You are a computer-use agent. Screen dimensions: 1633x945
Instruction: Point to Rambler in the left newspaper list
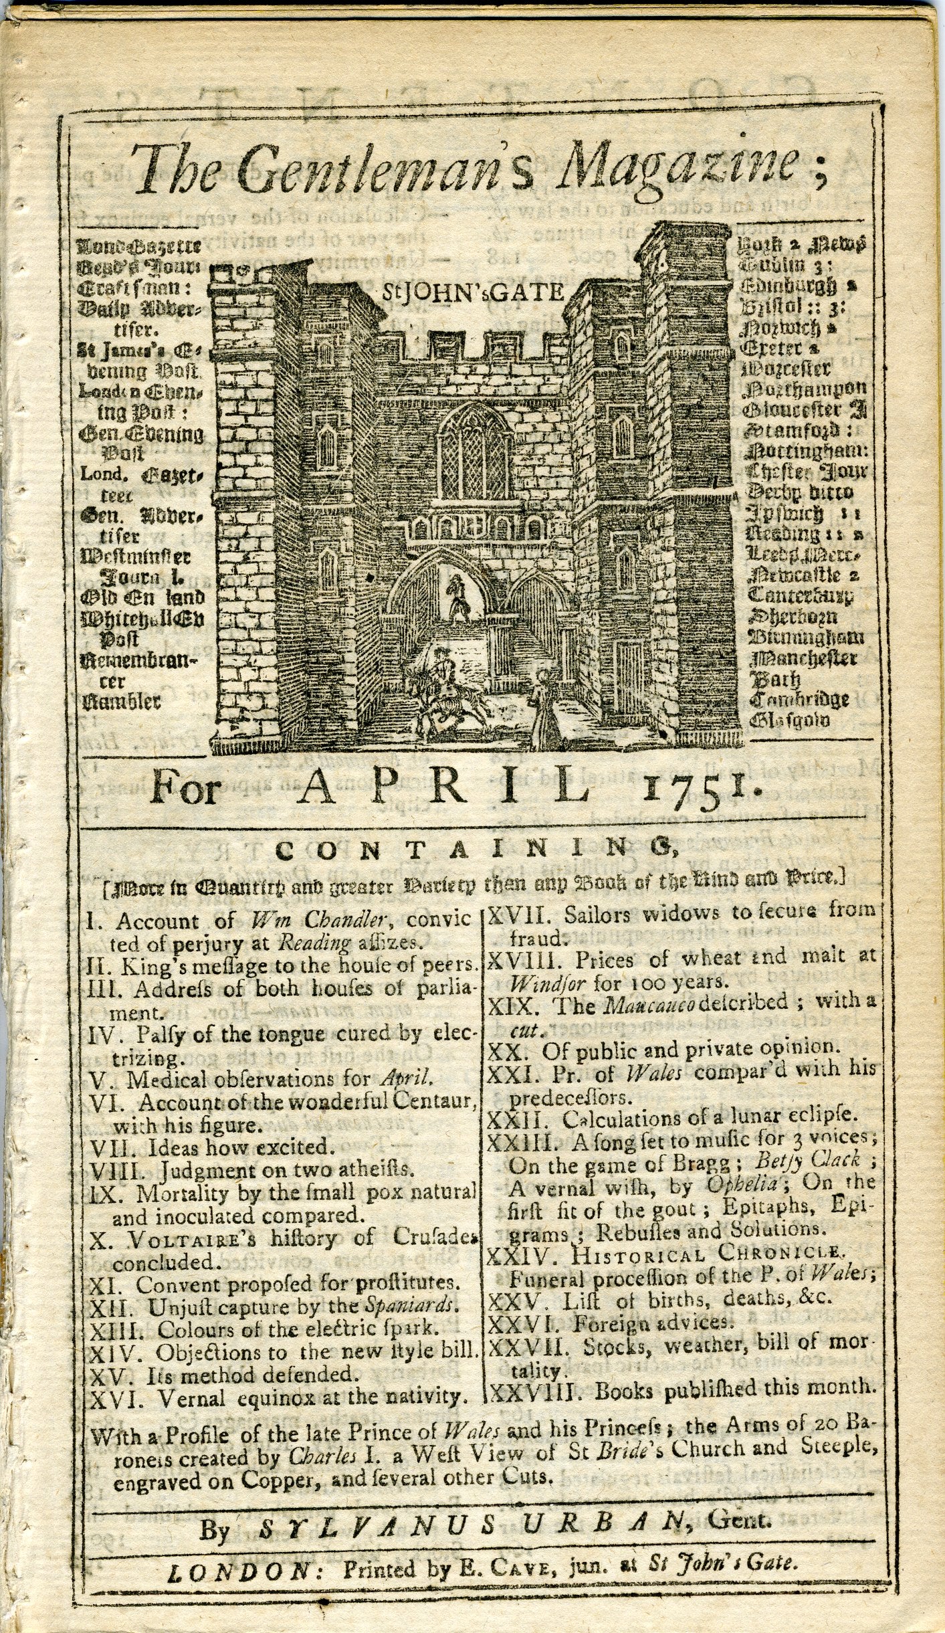121,701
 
